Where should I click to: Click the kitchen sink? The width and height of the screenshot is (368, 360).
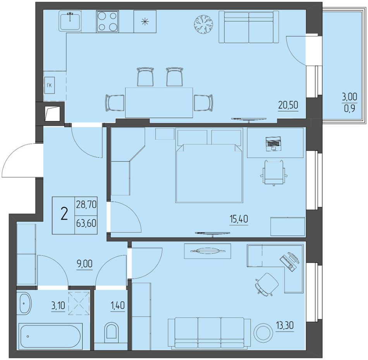click(x=70, y=21)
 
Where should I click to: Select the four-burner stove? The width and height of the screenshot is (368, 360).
click(x=107, y=21)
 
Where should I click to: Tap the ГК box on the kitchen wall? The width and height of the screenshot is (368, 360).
click(x=49, y=86)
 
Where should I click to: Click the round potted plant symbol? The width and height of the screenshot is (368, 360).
click(x=203, y=24)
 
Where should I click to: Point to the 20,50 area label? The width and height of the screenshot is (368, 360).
click(x=288, y=105)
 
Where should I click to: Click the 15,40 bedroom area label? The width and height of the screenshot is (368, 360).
click(x=239, y=219)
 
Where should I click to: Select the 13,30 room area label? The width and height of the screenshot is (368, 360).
click(x=285, y=326)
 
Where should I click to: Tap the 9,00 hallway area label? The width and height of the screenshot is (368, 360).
click(x=84, y=264)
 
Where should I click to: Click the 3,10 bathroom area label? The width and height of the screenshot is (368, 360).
click(x=58, y=306)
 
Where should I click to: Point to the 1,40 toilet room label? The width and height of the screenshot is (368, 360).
click(x=117, y=306)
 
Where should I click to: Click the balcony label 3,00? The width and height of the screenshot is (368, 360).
click(x=349, y=96)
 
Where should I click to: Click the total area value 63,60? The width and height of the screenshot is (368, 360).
click(x=86, y=223)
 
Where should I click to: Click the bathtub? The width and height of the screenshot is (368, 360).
click(x=51, y=336)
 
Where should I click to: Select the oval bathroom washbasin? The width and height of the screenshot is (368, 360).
click(x=25, y=303)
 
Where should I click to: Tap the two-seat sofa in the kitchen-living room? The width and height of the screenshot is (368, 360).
click(x=249, y=27)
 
